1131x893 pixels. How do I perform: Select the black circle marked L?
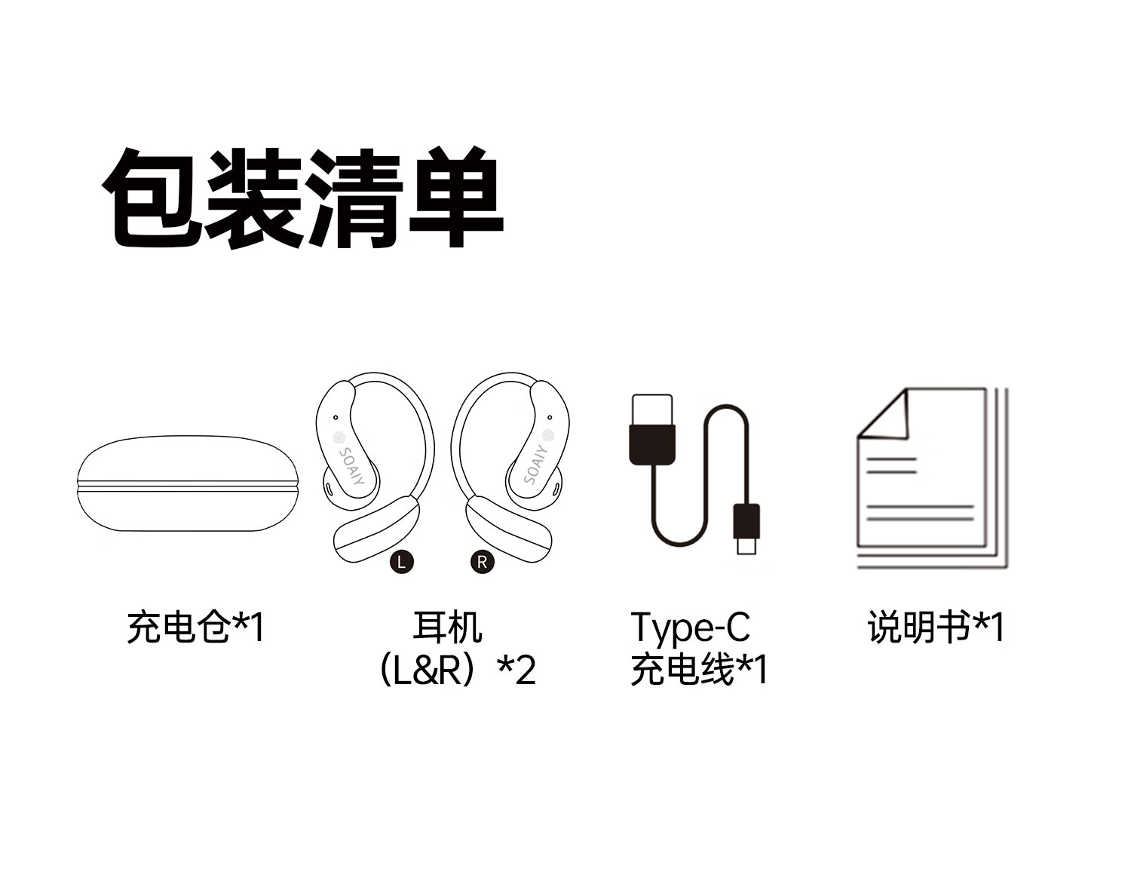tap(402, 562)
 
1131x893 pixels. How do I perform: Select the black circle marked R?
tap(483, 562)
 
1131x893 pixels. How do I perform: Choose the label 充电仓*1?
tap(195, 628)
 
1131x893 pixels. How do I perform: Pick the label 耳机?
tap(447, 628)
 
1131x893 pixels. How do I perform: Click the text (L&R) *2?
tap(455, 670)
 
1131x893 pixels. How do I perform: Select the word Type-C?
tap(690, 628)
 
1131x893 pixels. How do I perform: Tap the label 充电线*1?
tap(698, 670)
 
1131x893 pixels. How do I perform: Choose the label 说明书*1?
tap(936, 628)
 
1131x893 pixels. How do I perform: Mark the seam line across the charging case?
tap(188, 486)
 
